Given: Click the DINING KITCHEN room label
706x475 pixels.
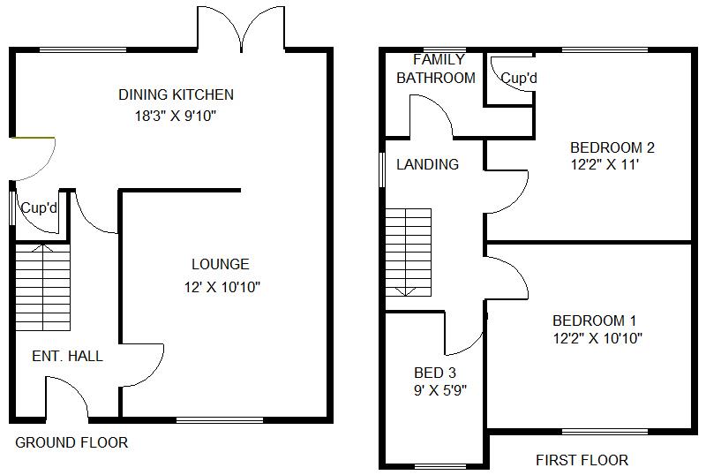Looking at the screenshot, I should (176, 94).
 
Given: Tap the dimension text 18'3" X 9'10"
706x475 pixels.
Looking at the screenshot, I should (176, 115).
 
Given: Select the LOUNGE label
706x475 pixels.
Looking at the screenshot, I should (221, 264).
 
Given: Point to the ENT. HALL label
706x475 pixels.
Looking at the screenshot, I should (67, 357).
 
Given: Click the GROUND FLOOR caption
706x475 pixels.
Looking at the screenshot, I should (71, 442).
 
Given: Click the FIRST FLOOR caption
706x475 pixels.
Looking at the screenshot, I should (582, 460).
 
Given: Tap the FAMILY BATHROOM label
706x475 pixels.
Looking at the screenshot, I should (435, 69).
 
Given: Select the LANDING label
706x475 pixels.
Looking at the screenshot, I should (427, 164).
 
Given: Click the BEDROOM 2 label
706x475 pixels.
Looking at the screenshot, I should (612, 147).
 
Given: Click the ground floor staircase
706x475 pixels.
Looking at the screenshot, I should (42, 286).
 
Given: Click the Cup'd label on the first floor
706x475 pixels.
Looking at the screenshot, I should (519, 79).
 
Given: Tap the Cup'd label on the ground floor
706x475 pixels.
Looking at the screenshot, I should (40, 209).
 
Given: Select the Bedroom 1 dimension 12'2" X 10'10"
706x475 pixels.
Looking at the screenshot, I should (597, 338).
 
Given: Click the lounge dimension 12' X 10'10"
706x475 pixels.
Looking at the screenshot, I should (221, 286).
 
